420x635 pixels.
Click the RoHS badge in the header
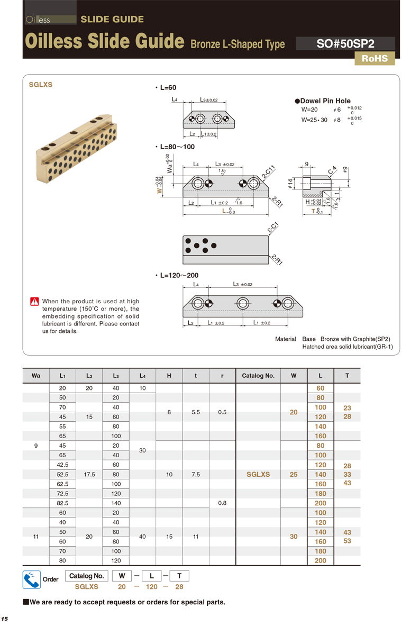pyautogui.click(x=375, y=59)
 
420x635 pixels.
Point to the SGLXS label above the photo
pyautogui.click(x=40, y=85)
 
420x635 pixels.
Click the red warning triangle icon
pyautogui.click(x=34, y=302)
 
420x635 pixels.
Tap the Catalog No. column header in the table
pyautogui.click(x=258, y=376)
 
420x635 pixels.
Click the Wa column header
pyautogui.click(x=36, y=376)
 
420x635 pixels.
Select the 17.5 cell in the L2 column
pyautogui.click(x=89, y=475)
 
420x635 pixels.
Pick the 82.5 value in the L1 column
pyautogui.click(x=62, y=503)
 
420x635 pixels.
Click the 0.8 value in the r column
pyautogui.click(x=222, y=503)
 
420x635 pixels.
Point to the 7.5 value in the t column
pyautogui.click(x=196, y=475)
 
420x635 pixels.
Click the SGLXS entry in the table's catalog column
pyautogui.click(x=258, y=475)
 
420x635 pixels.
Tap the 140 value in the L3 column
pyautogui.click(x=116, y=503)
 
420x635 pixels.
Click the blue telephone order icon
pyautogui.click(x=32, y=580)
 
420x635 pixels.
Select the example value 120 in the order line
pyautogui.click(x=152, y=587)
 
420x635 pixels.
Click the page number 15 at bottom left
pyautogui.click(x=4, y=619)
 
